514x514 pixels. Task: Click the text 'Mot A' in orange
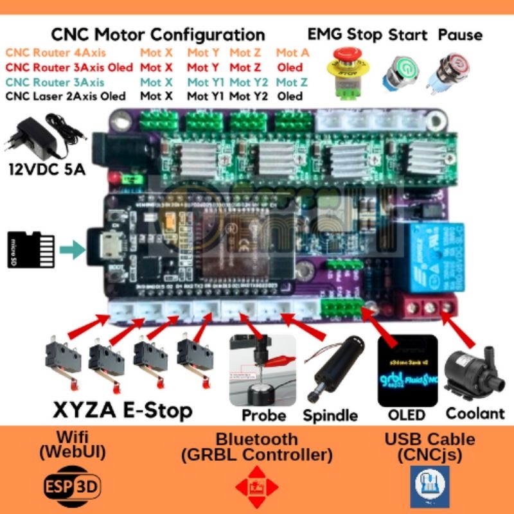(x=292, y=53)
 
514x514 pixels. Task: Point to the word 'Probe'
(x=264, y=415)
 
